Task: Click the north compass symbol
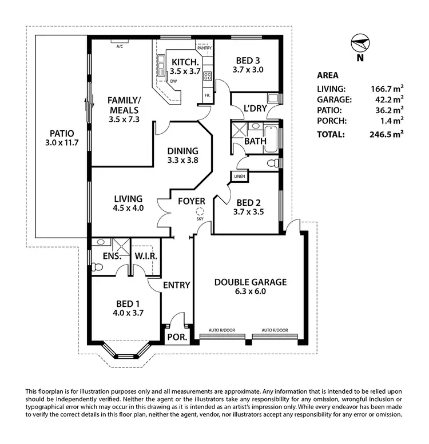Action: [x=359, y=45]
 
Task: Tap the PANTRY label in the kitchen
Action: [x=204, y=48]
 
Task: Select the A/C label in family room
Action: [x=120, y=46]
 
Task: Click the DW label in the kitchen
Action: [x=173, y=81]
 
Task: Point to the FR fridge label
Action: [x=206, y=94]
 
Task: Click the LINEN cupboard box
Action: [x=240, y=177]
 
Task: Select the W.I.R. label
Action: [x=146, y=256]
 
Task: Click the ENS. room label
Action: [x=112, y=257]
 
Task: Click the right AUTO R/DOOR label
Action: [x=276, y=330]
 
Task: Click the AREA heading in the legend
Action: [x=327, y=75]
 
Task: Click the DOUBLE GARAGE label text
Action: [x=250, y=282]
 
